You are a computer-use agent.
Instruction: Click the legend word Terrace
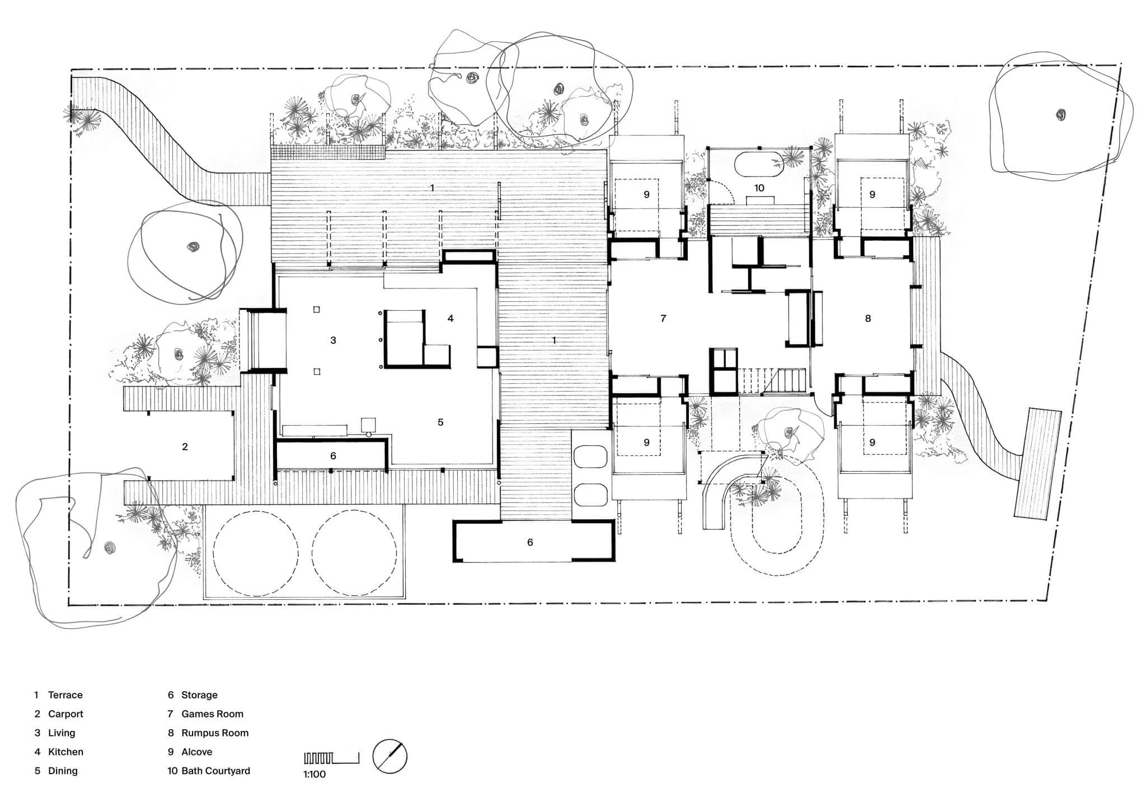coord(65,695)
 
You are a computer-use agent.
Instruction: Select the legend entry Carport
coord(65,714)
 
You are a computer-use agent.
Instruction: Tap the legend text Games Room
coord(212,714)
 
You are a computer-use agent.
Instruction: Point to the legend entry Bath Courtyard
coord(215,771)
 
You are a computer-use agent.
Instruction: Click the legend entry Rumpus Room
coord(215,733)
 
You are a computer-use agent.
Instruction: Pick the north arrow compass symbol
coord(390,757)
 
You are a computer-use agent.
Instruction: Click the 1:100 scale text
coord(314,775)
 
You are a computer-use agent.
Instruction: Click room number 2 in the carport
coord(185,446)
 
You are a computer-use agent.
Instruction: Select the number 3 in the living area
coord(333,340)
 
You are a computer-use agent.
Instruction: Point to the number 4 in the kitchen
coord(450,319)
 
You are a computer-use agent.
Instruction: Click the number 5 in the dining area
coord(440,422)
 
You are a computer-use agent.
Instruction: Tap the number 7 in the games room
coord(663,319)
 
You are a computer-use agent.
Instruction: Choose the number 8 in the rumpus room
coord(868,319)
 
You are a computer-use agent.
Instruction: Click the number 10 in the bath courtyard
coord(759,188)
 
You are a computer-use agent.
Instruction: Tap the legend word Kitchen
coord(65,752)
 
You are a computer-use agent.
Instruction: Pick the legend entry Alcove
coord(196,752)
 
